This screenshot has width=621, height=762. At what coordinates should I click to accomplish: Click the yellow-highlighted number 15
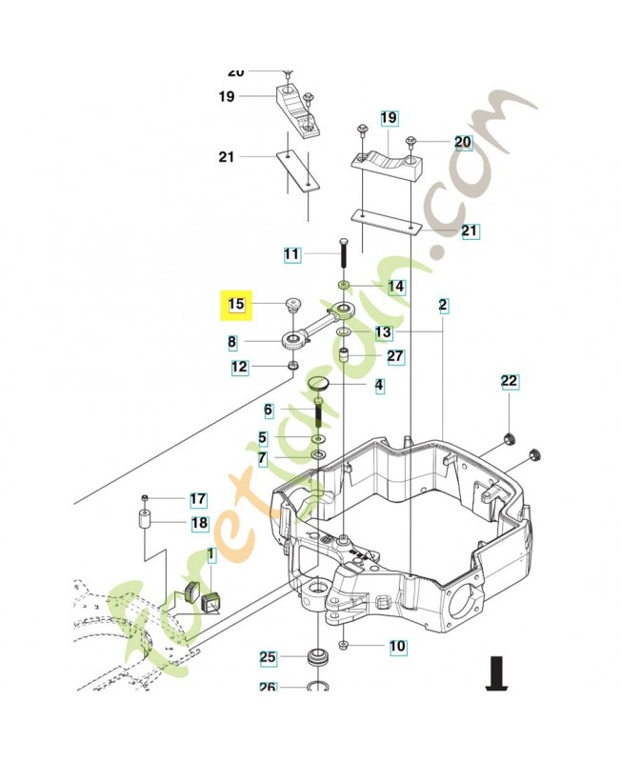236,305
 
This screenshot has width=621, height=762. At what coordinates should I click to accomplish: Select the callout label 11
291,254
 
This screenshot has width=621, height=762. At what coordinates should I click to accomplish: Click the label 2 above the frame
443,306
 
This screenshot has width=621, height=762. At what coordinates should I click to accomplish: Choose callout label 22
510,382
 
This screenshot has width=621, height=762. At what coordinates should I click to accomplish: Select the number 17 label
197,499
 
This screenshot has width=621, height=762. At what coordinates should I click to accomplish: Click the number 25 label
268,657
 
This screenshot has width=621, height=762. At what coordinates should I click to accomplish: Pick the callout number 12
240,367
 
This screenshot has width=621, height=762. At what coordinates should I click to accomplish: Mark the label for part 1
211,555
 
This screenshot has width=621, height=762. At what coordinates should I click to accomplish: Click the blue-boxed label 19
389,118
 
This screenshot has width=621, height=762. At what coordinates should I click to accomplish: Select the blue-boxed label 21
470,231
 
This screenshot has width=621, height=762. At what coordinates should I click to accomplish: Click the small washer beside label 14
344,286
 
